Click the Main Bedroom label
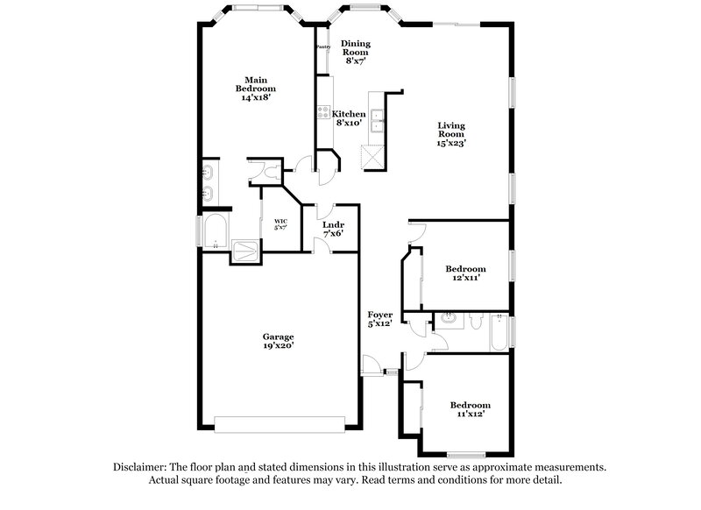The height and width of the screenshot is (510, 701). coord(256,88)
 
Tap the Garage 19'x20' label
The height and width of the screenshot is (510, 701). coord(278,341)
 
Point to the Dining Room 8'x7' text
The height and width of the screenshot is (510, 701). coord(355,52)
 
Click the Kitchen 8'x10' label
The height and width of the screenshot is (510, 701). coord(348,118)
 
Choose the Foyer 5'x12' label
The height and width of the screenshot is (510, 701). coord(379,319)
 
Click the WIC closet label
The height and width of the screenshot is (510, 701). coord(280,224)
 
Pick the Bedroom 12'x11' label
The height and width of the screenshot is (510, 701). coord(465,273)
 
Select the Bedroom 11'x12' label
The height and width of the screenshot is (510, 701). coord(470,409)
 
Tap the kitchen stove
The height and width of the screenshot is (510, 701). coord(322,113)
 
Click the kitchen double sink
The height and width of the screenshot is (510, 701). coord(379,120)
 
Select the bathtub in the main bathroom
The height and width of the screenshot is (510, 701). coord(215,232)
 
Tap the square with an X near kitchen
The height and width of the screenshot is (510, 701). coord(372,157)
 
